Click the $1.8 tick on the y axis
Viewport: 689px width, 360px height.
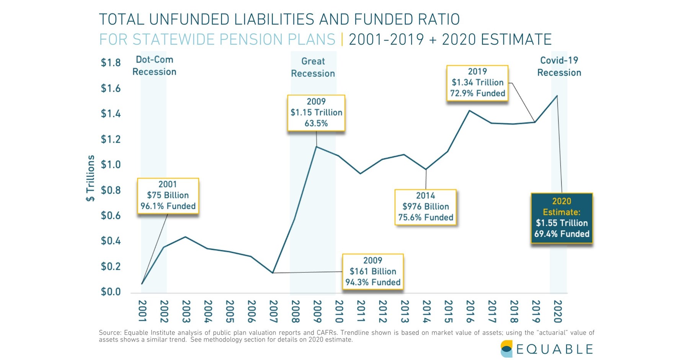coord(110,63)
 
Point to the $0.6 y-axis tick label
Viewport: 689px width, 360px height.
coord(110,216)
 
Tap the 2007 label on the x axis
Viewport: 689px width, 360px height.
coord(273,311)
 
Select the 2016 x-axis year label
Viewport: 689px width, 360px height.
coord(470,311)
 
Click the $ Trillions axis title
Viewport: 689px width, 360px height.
coord(90,178)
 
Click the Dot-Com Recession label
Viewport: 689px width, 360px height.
coord(154,66)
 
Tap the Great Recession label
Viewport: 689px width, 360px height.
coord(313,67)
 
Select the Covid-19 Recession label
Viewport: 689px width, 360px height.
coord(559,67)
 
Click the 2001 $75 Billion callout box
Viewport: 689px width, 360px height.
coord(168,195)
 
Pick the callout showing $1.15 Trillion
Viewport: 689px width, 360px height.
coord(316,112)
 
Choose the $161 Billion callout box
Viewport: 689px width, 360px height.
coord(373,272)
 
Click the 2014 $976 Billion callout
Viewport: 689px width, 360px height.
coord(426,207)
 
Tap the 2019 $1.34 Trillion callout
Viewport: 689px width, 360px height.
coord(477,83)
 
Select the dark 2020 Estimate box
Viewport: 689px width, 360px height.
coord(562,218)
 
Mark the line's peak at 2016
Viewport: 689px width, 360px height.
coord(469,111)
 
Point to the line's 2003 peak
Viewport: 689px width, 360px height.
coord(185,237)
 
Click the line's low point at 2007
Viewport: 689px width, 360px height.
coord(273,273)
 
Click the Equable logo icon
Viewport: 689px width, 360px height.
coord(506,349)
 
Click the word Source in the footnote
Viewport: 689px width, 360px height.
coord(109,333)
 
